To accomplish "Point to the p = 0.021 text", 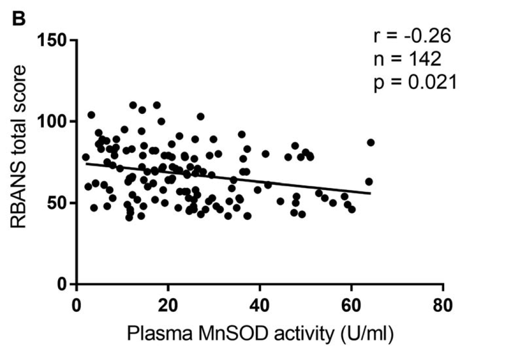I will click(415, 82).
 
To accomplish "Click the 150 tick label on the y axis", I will click(53, 40).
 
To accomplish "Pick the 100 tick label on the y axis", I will click(53, 122).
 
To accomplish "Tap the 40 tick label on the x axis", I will click(260, 304).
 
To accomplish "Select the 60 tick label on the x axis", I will click(351, 304).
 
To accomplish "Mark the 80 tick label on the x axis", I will click(443, 304).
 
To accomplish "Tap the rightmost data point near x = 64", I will click(370, 142).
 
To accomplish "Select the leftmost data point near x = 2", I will click(86, 157).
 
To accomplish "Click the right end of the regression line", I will click(370, 193).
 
